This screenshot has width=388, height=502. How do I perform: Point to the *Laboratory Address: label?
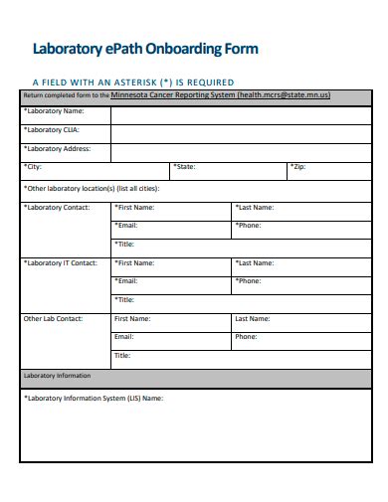[x=58, y=148]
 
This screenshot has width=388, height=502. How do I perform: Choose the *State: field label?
[x=184, y=167]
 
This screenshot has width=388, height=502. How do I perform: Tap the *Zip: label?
[x=298, y=167]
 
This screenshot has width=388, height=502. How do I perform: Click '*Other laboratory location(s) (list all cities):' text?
[x=92, y=186]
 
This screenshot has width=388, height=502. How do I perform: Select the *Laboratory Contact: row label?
[x=57, y=208]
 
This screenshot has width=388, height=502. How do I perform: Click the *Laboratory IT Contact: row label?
[x=61, y=263]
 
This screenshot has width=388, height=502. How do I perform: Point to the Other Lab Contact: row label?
[x=54, y=319]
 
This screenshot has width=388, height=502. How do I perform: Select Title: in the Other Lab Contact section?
[x=122, y=355]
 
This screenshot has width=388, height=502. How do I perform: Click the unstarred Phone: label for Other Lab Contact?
[x=246, y=337]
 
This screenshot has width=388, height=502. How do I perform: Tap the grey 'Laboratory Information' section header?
[x=58, y=376]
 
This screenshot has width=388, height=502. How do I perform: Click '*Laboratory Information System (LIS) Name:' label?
[x=94, y=398]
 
